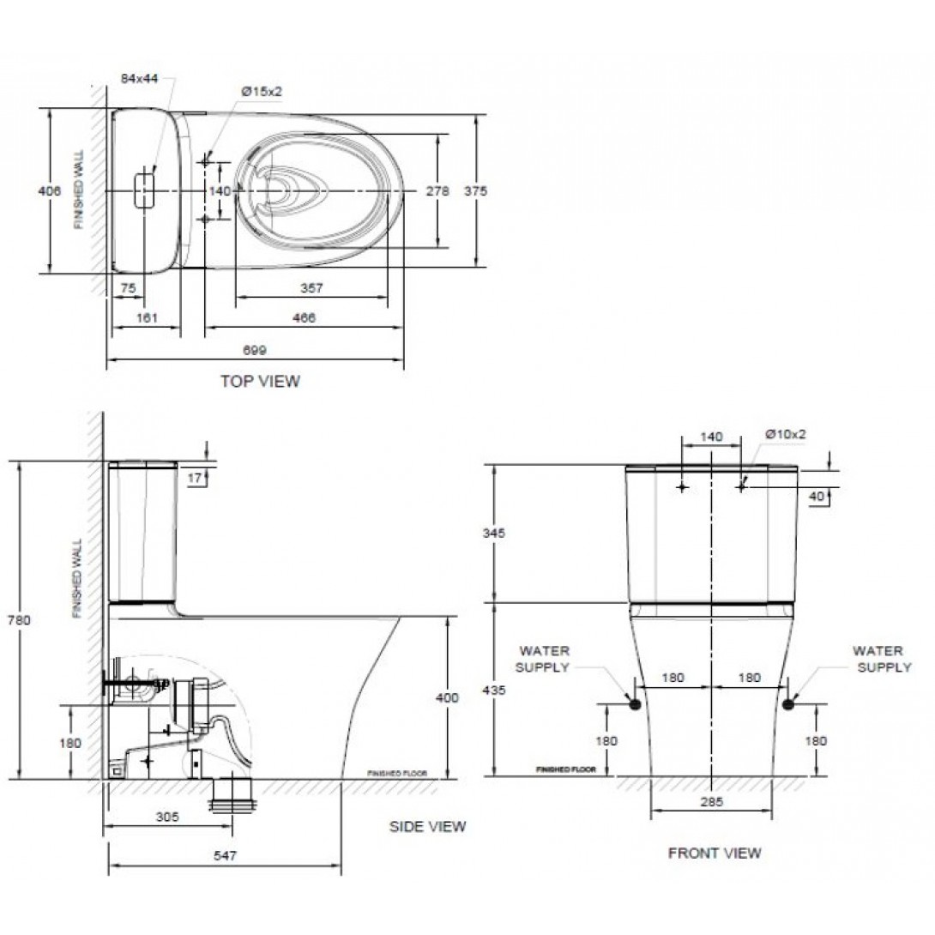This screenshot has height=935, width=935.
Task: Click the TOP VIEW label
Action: pyautogui.click(x=260, y=382)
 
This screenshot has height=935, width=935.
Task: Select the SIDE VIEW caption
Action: pyautogui.click(x=427, y=827)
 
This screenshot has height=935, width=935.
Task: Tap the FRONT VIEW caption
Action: pyautogui.click(x=714, y=853)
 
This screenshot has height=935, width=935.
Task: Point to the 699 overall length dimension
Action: pyautogui.click(x=256, y=350)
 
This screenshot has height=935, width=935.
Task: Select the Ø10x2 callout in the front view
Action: pyautogui.click(x=786, y=435)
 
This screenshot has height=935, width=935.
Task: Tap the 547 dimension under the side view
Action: pyautogui.click(x=224, y=855)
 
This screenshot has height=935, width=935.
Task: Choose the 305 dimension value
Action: pyautogui.click(x=168, y=817)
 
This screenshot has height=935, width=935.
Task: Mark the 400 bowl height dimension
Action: pyautogui.click(x=447, y=697)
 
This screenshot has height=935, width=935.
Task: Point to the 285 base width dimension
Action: pyautogui.click(x=711, y=802)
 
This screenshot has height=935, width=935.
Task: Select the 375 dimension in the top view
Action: pyautogui.click(x=475, y=192)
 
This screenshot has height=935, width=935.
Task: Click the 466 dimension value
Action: pyautogui.click(x=304, y=317)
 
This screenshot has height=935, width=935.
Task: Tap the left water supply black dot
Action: pyautogui.click(x=635, y=703)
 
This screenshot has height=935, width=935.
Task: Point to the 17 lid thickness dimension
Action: pyautogui.click(x=196, y=478)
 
